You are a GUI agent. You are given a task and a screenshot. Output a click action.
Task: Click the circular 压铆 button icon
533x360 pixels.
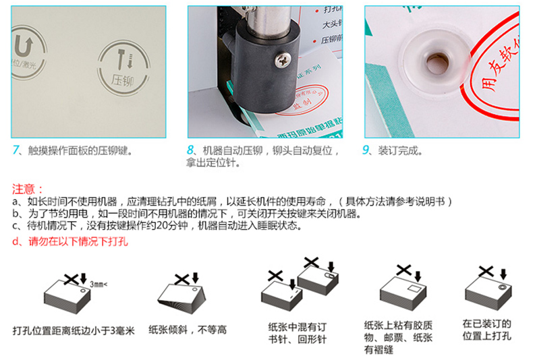coord(121,67)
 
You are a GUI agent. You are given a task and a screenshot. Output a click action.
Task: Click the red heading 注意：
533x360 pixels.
coord(28,189)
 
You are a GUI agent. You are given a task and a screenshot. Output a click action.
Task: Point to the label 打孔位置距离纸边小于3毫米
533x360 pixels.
coord(74,330)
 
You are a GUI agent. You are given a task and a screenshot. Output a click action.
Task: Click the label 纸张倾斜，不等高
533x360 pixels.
coord(188,330)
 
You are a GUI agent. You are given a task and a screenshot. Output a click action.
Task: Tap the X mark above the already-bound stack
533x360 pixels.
coord(484,271)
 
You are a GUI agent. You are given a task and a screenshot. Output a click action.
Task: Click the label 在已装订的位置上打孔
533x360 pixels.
coord(486,330)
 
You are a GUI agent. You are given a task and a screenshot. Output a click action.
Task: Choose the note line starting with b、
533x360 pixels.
coord(182,214)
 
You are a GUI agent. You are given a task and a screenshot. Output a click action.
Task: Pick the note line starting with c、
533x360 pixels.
coord(155,226)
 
